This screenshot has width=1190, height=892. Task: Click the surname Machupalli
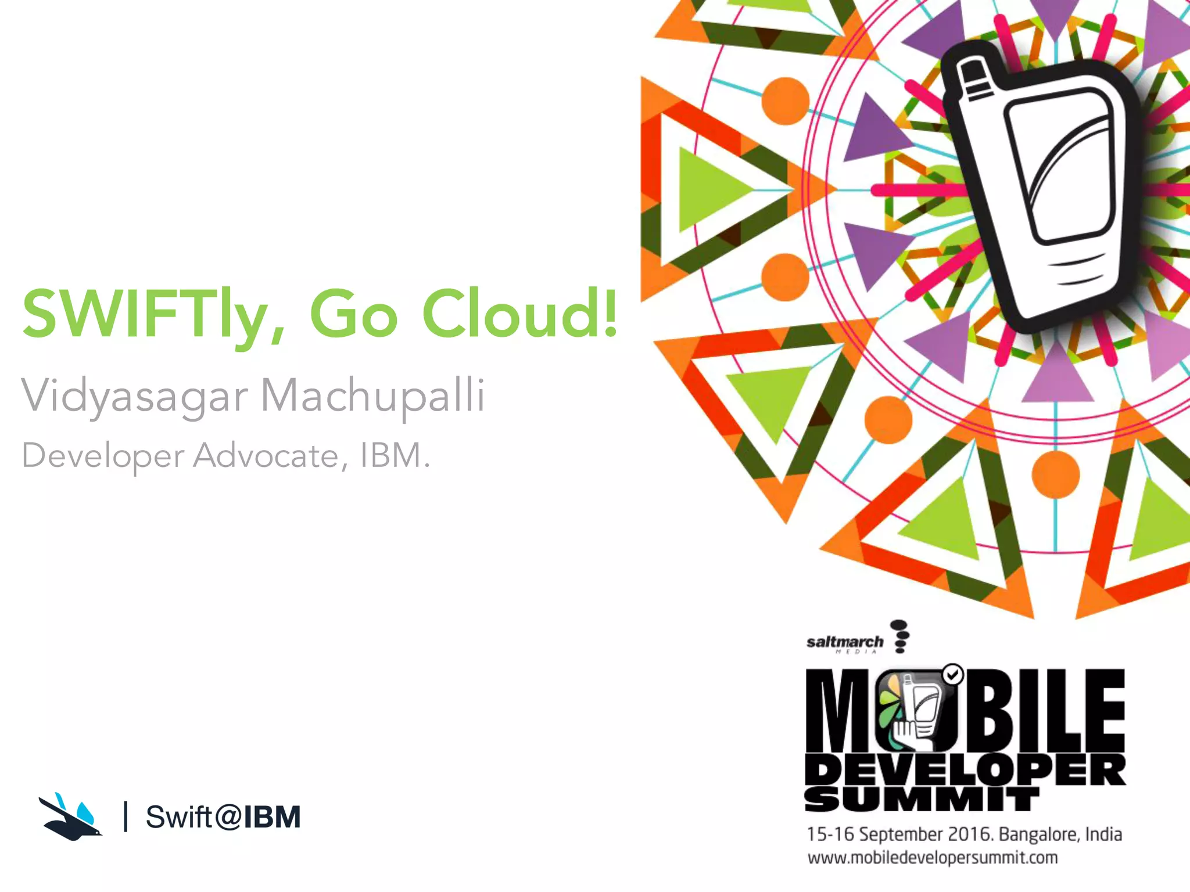(x=372, y=396)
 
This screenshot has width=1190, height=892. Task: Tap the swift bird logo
(x=70, y=817)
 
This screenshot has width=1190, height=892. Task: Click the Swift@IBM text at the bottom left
(x=223, y=817)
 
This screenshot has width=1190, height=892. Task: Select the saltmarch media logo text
(x=845, y=642)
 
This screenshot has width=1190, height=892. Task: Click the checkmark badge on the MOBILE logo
(x=952, y=674)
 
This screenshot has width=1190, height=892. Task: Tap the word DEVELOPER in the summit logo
(x=965, y=770)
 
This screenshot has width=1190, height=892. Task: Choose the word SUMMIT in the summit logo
(x=922, y=800)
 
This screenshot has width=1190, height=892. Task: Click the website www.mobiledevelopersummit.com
(x=933, y=858)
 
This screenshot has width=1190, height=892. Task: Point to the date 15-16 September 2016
(x=900, y=835)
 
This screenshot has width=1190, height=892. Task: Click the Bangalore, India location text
(x=1060, y=835)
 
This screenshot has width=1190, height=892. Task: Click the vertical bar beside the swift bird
(x=126, y=817)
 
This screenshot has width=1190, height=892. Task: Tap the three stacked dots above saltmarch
(x=900, y=636)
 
